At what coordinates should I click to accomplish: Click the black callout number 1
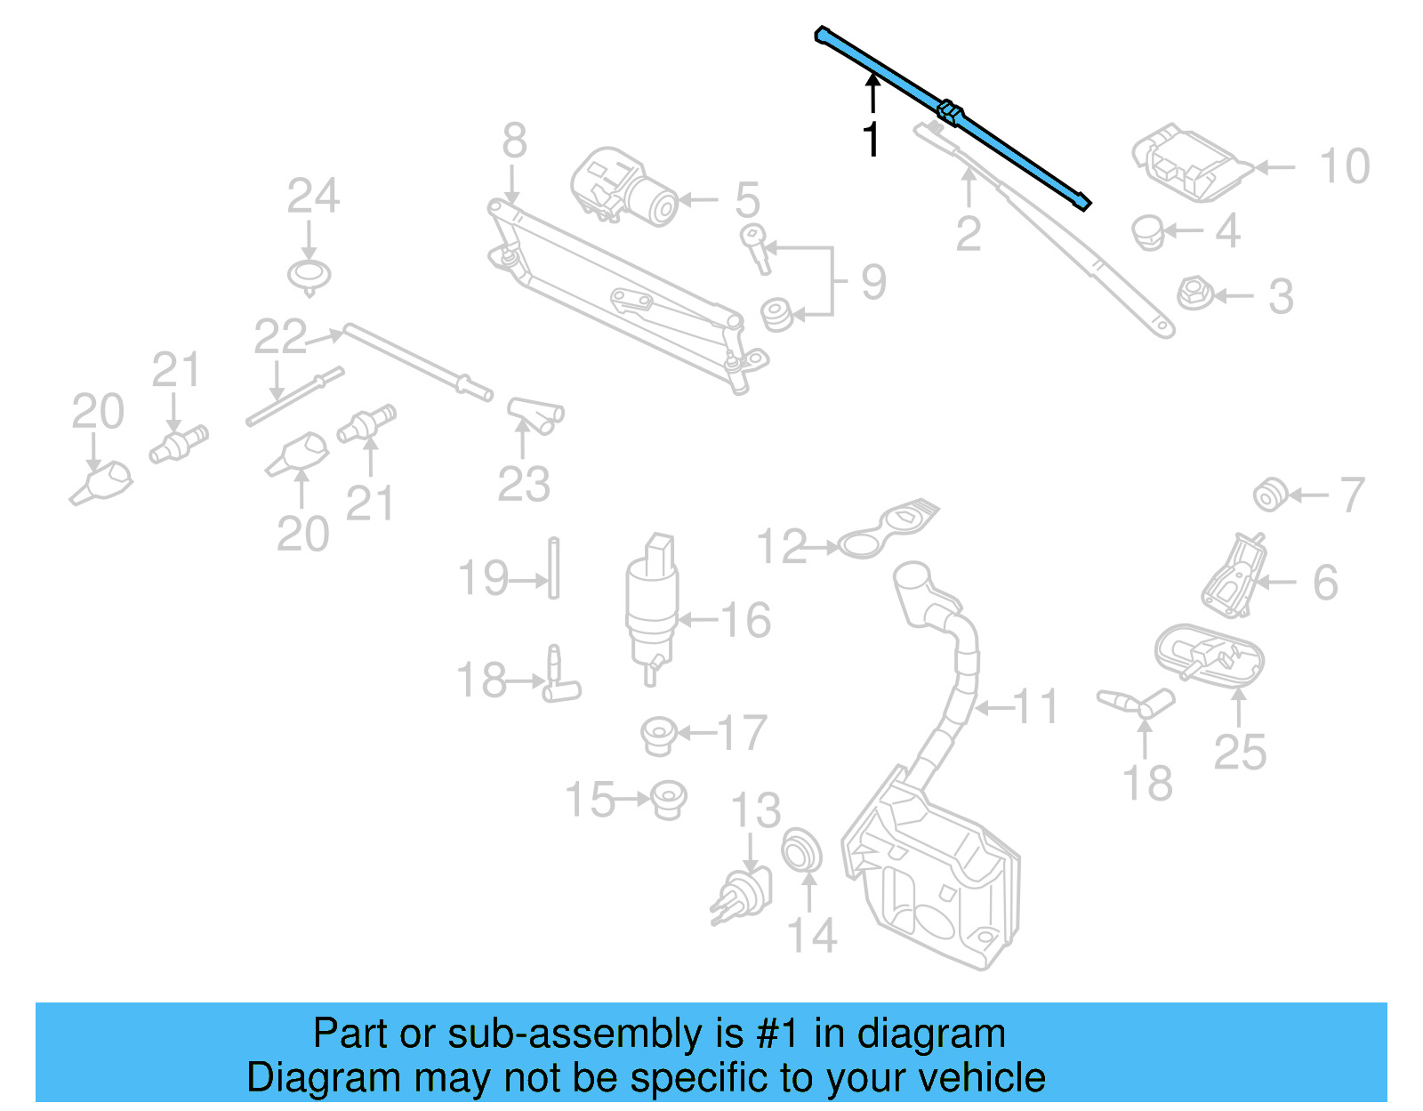pyautogui.click(x=872, y=140)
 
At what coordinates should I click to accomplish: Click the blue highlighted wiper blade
pyautogui.click(x=953, y=115)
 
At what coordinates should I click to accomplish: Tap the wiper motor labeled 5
pyautogui.click(x=623, y=187)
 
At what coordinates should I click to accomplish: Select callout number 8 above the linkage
pyautogui.click(x=514, y=141)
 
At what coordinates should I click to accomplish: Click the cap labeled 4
pyautogui.click(x=1147, y=232)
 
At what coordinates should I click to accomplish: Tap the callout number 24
pyautogui.click(x=312, y=197)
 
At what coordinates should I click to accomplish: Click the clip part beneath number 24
pyautogui.click(x=310, y=276)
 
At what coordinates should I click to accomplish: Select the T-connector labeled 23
pyautogui.click(x=535, y=415)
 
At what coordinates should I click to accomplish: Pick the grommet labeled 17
pyautogui.click(x=659, y=735)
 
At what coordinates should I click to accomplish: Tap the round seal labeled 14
pyautogui.click(x=802, y=851)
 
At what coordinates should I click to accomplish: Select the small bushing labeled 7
pyautogui.click(x=1269, y=495)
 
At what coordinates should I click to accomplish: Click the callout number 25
pyautogui.click(x=1240, y=753)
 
